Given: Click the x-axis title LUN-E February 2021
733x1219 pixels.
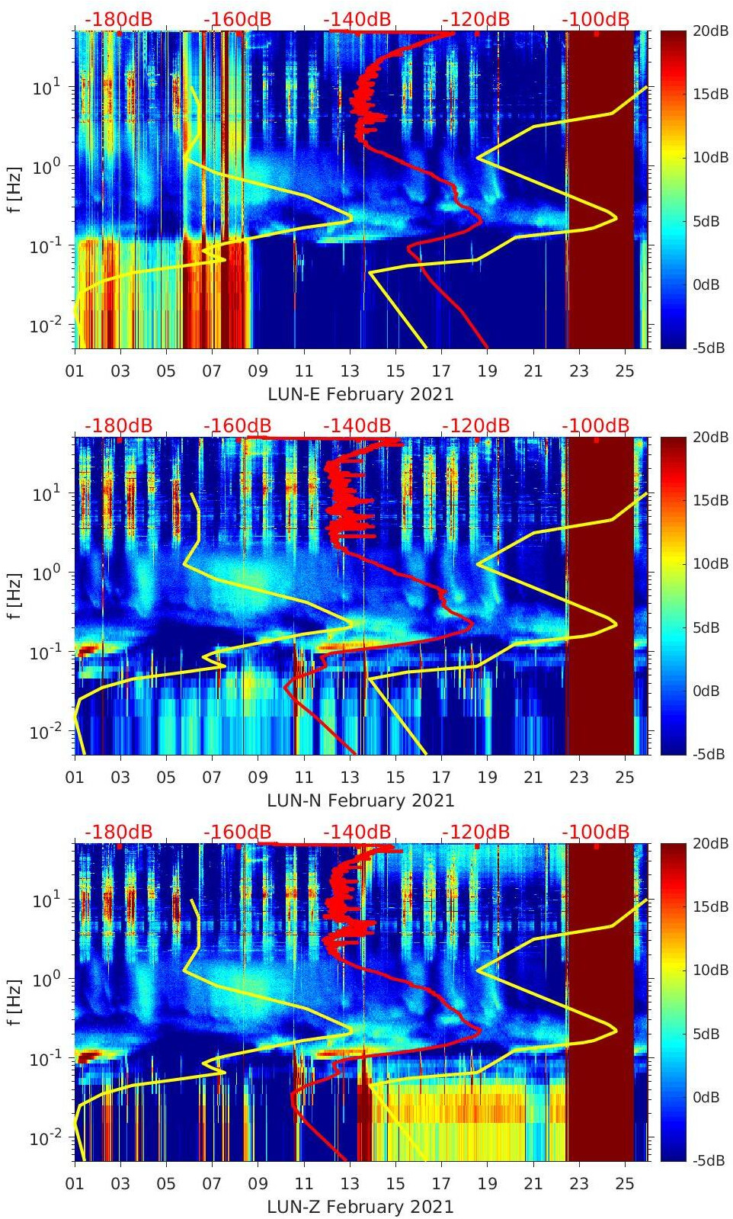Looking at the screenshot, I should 360,394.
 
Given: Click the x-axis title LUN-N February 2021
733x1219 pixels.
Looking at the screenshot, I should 360,800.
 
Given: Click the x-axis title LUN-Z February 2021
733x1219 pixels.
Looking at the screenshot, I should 360,1207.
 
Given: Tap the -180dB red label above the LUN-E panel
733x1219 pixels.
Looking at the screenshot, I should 118,19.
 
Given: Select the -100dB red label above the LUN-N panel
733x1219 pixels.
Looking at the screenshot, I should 596,425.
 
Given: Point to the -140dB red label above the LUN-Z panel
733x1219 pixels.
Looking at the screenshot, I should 357,832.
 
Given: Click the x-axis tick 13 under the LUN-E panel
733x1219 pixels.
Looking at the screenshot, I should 350,371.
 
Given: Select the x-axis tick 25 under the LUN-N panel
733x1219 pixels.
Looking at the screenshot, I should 625,778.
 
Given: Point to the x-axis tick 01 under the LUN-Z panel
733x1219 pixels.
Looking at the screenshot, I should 75,1184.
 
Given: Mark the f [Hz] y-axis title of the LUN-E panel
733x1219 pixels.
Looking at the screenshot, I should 16,190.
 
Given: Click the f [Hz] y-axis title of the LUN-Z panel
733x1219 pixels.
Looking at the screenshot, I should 16,1002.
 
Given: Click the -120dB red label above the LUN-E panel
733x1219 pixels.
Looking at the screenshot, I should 476,19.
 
